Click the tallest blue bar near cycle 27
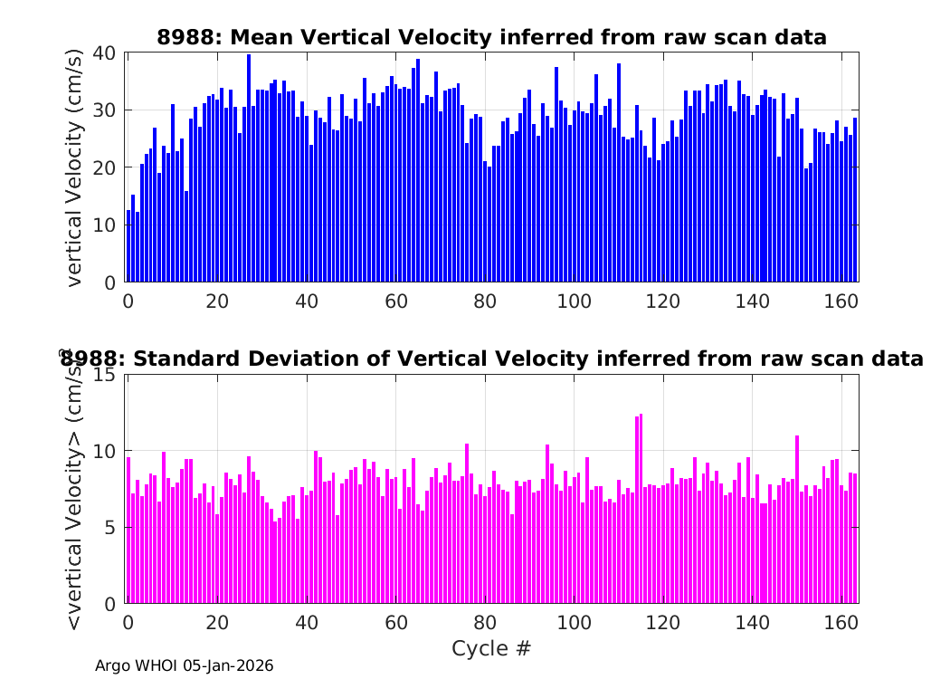pyautogui.click(x=249, y=167)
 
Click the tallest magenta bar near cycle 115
pyautogui.click(x=641, y=509)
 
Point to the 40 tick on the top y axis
pyautogui.click(x=104, y=53)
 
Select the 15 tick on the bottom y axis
pyautogui.click(x=104, y=375)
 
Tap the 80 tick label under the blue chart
pyautogui.click(x=485, y=301)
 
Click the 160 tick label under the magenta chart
pyautogui.click(x=841, y=622)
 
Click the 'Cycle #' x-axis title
pyautogui.click(x=491, y=648)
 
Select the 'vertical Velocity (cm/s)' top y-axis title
pyautogui.click(x=74, y=167)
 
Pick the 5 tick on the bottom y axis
pyautogui.click(x=109, y=528)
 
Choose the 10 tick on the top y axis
pyautogui.click(x=104, y=225)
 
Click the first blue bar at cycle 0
pyautogui.click(x=128, y=246)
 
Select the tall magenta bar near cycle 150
pyautogui.click(x=797, y=520)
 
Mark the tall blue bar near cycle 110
pyautogui.click(x=619, y=173)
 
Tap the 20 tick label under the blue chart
pyautogui.click(x=217, y=301)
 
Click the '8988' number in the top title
pyautogui.click(x=185, y=38)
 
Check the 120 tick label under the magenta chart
pyautogui.click(x=663, y=622)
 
